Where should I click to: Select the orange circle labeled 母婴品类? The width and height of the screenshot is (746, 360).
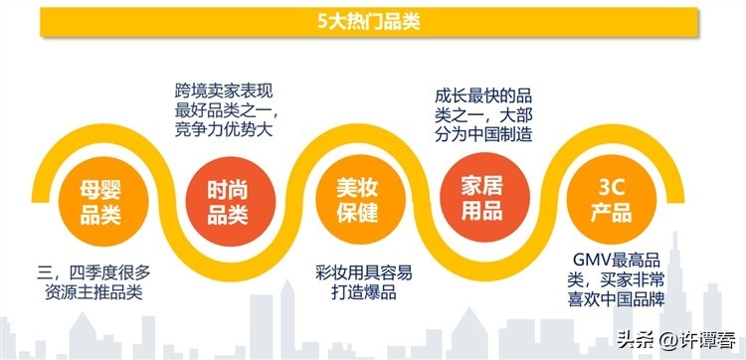point(99,200)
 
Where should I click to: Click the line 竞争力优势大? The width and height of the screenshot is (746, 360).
point(222,130)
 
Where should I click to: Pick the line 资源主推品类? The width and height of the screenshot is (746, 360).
point(95,291)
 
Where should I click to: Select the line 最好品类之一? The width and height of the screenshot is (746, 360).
point(225,110)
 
